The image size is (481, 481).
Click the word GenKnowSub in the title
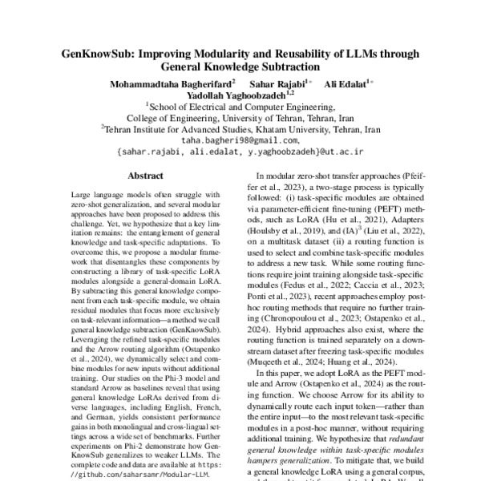point(99,55)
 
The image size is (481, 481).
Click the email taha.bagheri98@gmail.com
point(240,139)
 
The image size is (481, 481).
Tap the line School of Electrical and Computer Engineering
point(240,105)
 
